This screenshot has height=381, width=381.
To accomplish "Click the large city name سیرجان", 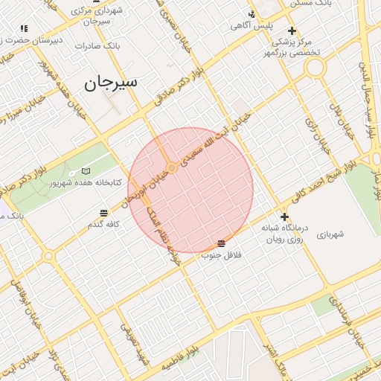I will point(110,83).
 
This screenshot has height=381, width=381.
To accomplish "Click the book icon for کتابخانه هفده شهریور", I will point(85,171).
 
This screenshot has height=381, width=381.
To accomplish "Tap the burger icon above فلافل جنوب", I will point(221,244).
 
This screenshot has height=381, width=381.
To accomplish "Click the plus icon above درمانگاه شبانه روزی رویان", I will point(284,217).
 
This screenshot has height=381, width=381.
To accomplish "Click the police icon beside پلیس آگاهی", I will point(252,14).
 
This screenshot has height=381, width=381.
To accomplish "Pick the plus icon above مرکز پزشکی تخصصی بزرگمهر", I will point(292,31).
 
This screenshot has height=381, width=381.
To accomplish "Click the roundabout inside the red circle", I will point(172,169).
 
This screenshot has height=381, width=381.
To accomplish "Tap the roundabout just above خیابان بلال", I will point(316,67).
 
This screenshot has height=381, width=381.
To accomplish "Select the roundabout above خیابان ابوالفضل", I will point(49,255).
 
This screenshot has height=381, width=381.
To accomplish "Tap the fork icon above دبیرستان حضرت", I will point(24,28).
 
